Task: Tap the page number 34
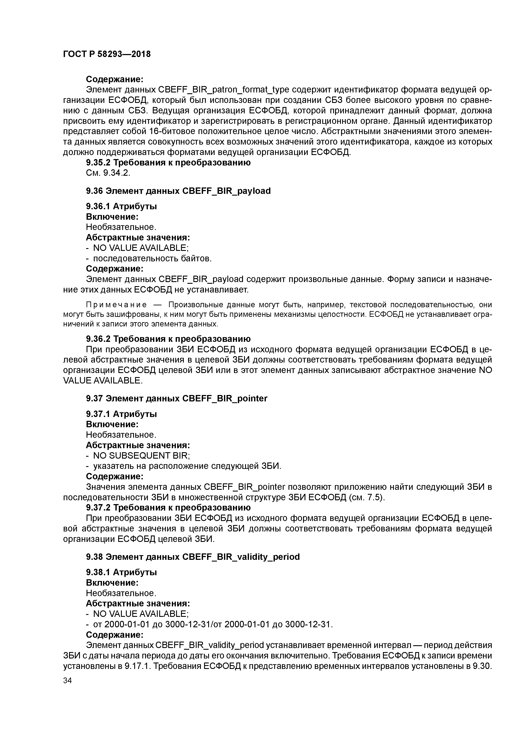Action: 67,680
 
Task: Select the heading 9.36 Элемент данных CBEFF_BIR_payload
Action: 178,191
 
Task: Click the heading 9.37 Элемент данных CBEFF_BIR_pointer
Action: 177,398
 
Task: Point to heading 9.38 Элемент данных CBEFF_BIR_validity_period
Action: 193,557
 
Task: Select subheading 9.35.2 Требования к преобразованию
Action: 168,162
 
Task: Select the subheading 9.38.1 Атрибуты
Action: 121,572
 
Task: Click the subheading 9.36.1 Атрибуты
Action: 121,206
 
